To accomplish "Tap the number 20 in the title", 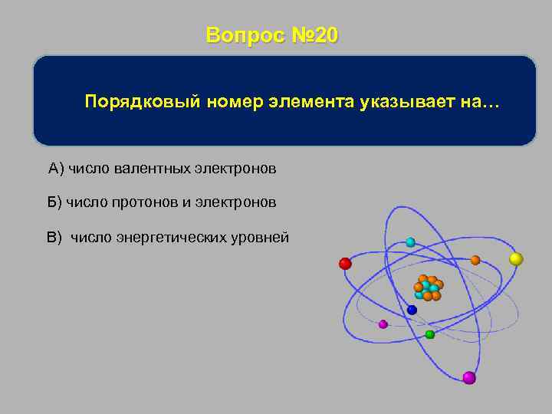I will (325, 36).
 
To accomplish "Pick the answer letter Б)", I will (54, 202).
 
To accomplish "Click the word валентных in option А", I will (151, 167).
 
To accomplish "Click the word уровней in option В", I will (261, 238).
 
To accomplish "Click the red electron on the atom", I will (345, 264).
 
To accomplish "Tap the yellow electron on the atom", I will (516, 259).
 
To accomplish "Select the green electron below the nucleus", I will (430, 334).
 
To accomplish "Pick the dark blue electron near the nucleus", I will (412, 310).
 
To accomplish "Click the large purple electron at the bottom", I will (469, 377).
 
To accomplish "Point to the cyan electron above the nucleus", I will (410, 242).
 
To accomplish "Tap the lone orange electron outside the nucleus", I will (475, 260).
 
